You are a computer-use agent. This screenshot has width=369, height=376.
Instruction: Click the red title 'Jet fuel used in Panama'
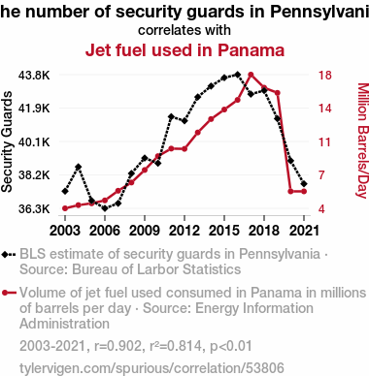tap(184, 50)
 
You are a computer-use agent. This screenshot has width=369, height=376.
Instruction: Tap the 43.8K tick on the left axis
tap(34, 76)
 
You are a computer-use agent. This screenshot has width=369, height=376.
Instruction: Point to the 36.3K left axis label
tap(34, 209)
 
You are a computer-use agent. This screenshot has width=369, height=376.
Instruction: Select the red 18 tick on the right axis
tap(324, 76)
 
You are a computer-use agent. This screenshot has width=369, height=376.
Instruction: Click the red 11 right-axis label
tap(324, 141)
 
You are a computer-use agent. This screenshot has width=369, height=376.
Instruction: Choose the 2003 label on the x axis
tap(65, 231)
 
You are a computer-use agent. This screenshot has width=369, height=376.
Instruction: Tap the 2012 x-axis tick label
tap(184, 231)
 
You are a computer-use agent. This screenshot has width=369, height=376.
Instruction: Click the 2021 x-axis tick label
tap(304, 231)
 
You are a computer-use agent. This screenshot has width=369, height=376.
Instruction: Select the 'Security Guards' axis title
tap(7, 141)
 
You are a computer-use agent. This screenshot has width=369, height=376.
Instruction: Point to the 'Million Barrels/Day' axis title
tap(363, 141)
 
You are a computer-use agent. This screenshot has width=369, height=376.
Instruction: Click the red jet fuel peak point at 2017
tap(251, 75)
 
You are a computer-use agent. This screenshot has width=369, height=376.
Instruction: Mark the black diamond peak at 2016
tap(238, 75)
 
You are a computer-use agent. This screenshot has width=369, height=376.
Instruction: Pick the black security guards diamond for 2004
tap(78, 167)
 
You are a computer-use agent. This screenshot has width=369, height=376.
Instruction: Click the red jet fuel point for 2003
tap(65, 208)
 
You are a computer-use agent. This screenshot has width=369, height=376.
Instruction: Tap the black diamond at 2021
tap(304, 184)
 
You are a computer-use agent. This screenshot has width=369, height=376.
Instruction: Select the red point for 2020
tap(290, 192)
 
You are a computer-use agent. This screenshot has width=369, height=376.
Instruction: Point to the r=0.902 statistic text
tap(117, 346)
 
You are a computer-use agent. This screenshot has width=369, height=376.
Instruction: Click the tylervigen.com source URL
tap(151, 368)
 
